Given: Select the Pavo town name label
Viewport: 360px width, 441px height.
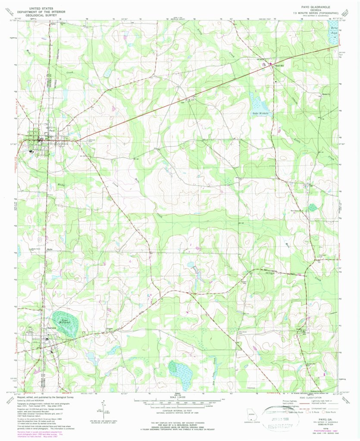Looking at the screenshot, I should pos(51,131).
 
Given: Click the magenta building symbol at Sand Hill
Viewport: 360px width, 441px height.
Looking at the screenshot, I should pos(264,65).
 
